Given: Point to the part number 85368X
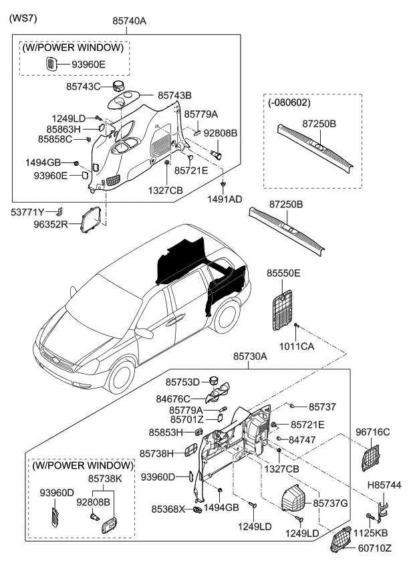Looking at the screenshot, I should tap(167, 509).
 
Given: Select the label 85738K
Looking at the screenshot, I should tap(105, 479).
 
